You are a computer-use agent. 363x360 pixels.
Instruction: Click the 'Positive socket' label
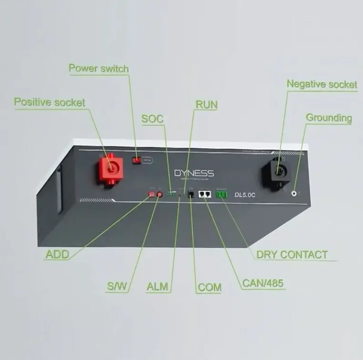pyautogui.click(x=50, y=102)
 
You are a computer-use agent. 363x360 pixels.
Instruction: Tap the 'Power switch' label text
pyautogui.click(x=99, y=68)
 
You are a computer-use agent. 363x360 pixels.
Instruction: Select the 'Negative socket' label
pyautogui.click(x=322, y=84)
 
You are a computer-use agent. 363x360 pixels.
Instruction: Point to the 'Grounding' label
pyautogui.click(x=329, y=118)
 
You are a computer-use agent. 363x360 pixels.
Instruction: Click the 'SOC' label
pyautogui.click(x=152, y=119)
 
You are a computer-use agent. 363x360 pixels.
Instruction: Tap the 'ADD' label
pyautogui.click(x=57, y=254)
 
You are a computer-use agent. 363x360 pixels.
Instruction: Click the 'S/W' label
pyautogui.click(x=117, y=287)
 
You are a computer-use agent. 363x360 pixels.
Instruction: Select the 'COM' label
pyautogui.click(x=210, y=287)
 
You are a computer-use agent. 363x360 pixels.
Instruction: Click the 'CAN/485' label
pyautogui.click(x=263, y=283)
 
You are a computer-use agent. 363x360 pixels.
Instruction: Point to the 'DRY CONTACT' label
pyautogui.click(x=292, y=254)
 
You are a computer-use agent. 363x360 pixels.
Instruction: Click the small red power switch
pyautogui.click(x=137, y=161)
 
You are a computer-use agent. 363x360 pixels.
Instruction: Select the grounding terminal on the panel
pyautogui.click(x=294, y=193)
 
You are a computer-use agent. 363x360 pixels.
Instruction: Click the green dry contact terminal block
pyautogui.click(x=222, y=194)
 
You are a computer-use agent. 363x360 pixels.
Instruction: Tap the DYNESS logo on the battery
pyautogui.click(x=194, y=173)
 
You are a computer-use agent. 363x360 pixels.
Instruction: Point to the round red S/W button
pyautogui.click(x=160, y=194)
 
